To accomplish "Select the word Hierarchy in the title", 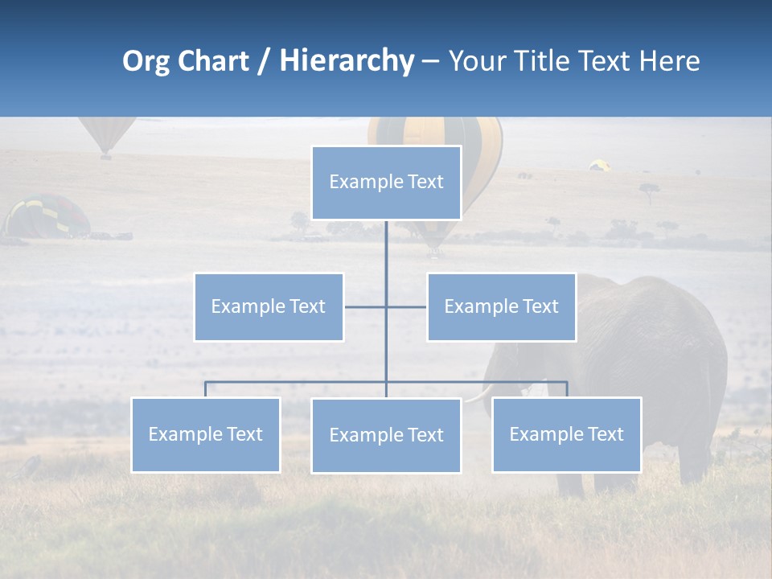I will [347, 61].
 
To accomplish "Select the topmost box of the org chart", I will [386, 183].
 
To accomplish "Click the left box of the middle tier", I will [269, 306].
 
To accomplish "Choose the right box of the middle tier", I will [501, 306].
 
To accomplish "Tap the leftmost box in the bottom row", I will [206, 434].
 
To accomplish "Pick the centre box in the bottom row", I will [386, 435].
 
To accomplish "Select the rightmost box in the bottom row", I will [566, 434].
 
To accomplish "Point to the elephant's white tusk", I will [480, 394].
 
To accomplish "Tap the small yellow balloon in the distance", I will [599, 165].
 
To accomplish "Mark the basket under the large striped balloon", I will [435, 252].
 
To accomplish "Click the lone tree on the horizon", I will [649, 191].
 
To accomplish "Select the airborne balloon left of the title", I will [105, 135].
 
